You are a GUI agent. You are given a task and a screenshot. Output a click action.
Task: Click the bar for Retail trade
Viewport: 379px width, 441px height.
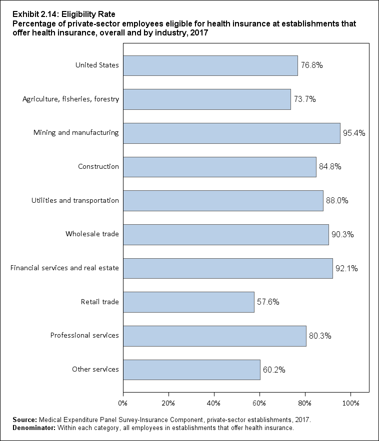pos(188,302)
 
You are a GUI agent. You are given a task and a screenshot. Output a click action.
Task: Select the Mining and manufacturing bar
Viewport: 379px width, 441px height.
pos(231,133)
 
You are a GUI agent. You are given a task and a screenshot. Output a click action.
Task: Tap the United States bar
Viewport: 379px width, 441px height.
pos(210,65)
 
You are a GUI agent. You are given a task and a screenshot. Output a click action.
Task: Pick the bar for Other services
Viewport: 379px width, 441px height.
pos(191,370)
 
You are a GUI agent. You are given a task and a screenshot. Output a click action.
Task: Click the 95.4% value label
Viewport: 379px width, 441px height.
pos(354,133)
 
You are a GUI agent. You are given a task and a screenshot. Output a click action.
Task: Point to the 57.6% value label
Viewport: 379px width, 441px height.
pos(268,302)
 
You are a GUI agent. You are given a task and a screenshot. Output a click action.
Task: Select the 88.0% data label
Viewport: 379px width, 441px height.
pos(337,201)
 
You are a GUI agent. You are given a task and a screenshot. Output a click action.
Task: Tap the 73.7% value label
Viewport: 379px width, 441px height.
pos(304,99)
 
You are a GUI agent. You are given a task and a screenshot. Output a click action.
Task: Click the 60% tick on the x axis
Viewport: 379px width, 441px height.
pos(259,402)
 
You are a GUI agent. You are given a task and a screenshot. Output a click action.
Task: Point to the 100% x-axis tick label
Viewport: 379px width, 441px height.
pos(350,402)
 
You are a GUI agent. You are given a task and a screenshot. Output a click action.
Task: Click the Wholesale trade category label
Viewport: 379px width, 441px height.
pos(92,234)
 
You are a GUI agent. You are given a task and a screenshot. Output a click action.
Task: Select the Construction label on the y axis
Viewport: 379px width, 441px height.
pos(98,167)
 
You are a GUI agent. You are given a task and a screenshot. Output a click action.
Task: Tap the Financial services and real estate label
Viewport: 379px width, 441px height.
pos(64,268)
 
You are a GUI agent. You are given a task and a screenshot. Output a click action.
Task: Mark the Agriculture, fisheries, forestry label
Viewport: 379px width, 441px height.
pos(71,99)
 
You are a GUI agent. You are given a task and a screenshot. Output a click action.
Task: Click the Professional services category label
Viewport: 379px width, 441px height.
pos(84,336)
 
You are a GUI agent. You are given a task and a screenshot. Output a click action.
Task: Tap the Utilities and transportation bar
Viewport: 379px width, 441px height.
pos(223,201)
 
